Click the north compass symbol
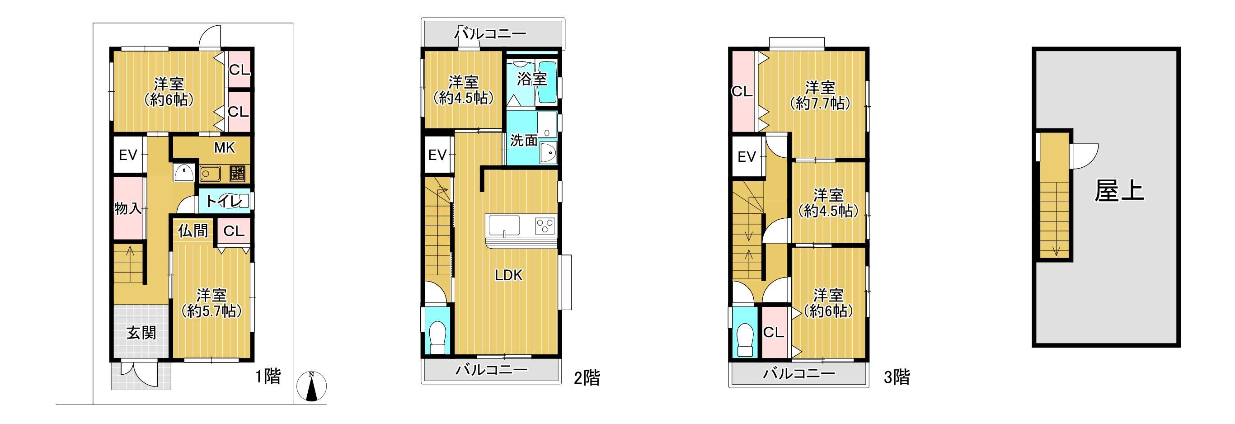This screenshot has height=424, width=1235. pos(312,386)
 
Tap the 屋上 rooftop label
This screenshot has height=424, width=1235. pos(1118,191)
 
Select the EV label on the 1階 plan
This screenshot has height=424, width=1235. pos(128,155)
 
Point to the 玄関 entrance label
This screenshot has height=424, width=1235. pos(141,332)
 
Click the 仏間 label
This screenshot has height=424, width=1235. pos(193,231)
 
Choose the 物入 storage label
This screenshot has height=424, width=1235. pos(128,208)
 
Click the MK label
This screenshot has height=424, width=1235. pos(225,148)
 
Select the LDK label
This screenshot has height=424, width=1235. pos(509,275)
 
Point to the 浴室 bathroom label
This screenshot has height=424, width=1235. pos(532,79)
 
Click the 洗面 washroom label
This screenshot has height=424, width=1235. pos(524,140)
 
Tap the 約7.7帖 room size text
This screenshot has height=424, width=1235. pos(820,103)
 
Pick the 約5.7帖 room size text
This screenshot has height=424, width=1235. pos(211,311)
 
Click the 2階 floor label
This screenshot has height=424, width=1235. pos(587,378)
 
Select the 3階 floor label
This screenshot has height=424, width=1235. pos(897,377)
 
